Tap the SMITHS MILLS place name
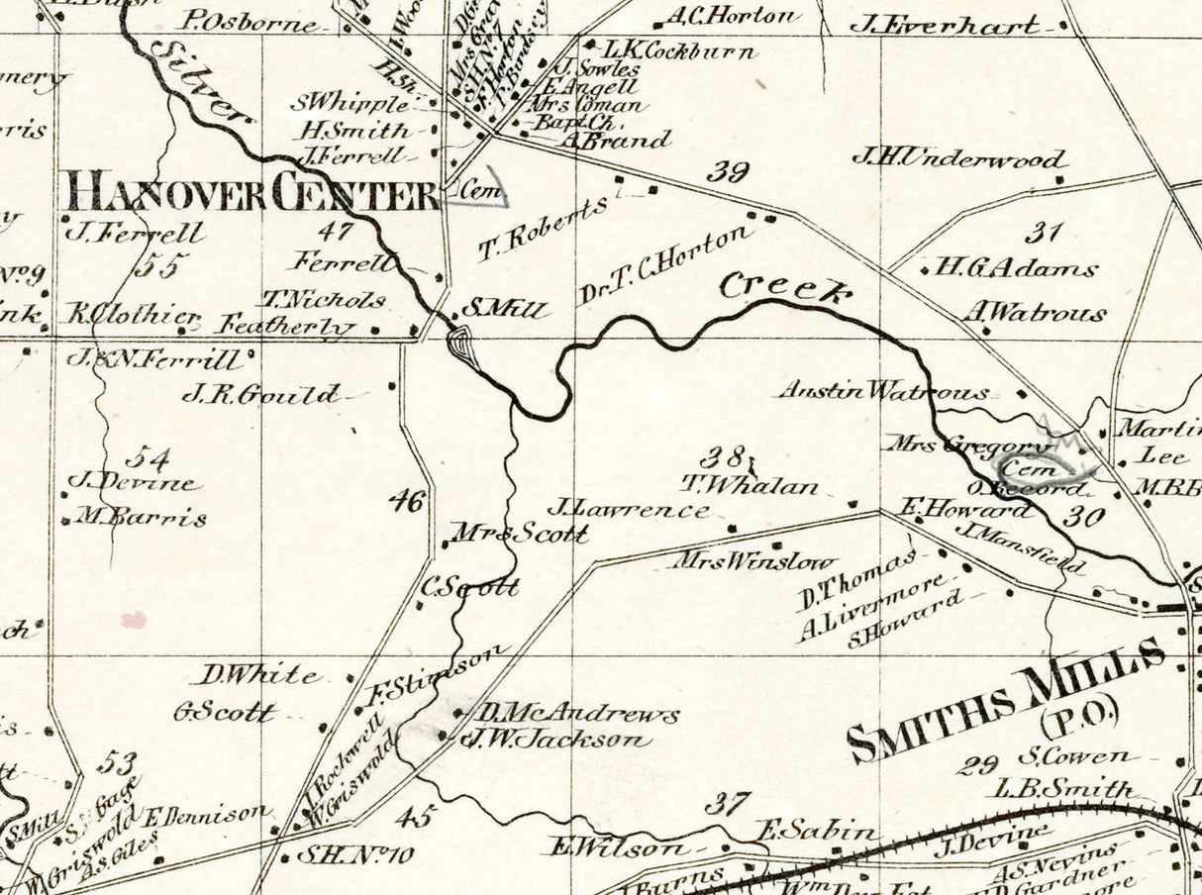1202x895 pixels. [x=1005, y=698]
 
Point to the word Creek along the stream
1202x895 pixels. [x=784, y=288]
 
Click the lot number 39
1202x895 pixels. [x=727, y=172]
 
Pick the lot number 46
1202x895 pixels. [x=406, y=500]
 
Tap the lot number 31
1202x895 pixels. [x=1043, y=234]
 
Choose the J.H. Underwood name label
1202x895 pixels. [x=958, y=158]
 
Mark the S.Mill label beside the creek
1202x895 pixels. [x=504, y=310]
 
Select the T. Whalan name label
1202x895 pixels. [x=750, y=485]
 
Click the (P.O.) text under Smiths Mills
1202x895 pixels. [x=1077, y=711]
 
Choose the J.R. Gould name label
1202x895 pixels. [x=259, y=394]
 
